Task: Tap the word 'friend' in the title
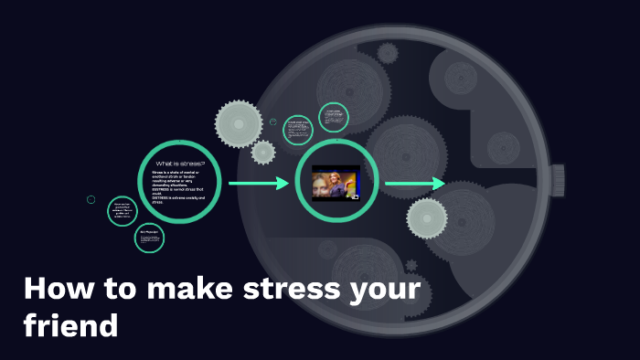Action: coord(70,324)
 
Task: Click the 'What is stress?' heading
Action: coord(180,164)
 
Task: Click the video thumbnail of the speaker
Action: coord(336,183)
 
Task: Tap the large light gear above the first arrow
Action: coord(239,122)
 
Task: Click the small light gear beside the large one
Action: coord(263,152)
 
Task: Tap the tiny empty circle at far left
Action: coord(91,199)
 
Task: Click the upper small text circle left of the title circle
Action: coord(122,211)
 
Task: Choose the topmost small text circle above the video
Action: coord(333,117)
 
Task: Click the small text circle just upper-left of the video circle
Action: coord(298,130)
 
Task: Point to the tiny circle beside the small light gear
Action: coord(273,122)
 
